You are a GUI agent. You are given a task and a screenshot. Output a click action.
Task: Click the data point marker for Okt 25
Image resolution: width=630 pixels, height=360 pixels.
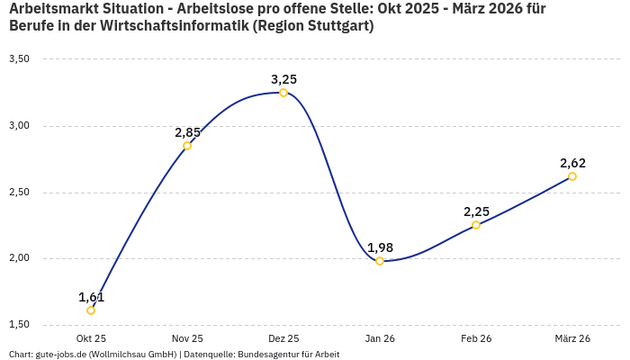click(x=91, y=310)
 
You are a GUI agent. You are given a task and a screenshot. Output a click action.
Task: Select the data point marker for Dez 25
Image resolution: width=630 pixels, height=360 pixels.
click(x=283, y=93)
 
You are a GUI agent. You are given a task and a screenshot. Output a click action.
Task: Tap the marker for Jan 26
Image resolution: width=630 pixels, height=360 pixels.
click(x=380, y=261)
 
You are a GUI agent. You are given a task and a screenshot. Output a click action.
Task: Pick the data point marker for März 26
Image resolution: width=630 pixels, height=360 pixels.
click(x=572, y=176)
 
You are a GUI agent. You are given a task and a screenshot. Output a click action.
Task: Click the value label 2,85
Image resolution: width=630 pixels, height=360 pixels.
click(x=188, y=132)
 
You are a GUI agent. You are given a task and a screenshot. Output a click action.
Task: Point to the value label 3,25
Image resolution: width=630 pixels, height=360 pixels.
click(x=283, y=79)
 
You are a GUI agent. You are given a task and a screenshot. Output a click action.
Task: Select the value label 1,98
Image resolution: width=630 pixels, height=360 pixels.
click(x=380, y=247)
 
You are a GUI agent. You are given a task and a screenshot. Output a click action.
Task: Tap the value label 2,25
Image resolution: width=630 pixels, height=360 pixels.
click(x=476, y=211)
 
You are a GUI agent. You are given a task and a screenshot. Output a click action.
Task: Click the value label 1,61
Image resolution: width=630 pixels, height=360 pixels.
click(x=92, y=297)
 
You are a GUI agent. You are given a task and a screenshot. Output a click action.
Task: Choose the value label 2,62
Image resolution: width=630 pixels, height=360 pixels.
click(x=572, y=163)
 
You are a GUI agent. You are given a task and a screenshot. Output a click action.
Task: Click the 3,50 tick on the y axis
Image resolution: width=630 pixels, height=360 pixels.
click(x=19, y=59)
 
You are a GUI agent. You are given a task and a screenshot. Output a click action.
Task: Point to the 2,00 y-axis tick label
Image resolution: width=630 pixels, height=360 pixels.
click(x=19, y=258)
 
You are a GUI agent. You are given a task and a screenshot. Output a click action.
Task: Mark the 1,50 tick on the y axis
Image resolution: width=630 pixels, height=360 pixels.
click(x=19, y=325)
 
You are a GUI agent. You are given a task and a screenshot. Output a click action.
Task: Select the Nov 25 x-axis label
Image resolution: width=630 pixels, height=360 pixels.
click(x=187, y=338)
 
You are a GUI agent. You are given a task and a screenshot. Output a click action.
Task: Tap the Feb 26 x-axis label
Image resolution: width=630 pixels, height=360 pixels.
click(x=476, y=338)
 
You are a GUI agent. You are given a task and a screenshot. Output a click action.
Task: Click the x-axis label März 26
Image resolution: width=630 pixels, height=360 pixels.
click(x=572, y=338)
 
